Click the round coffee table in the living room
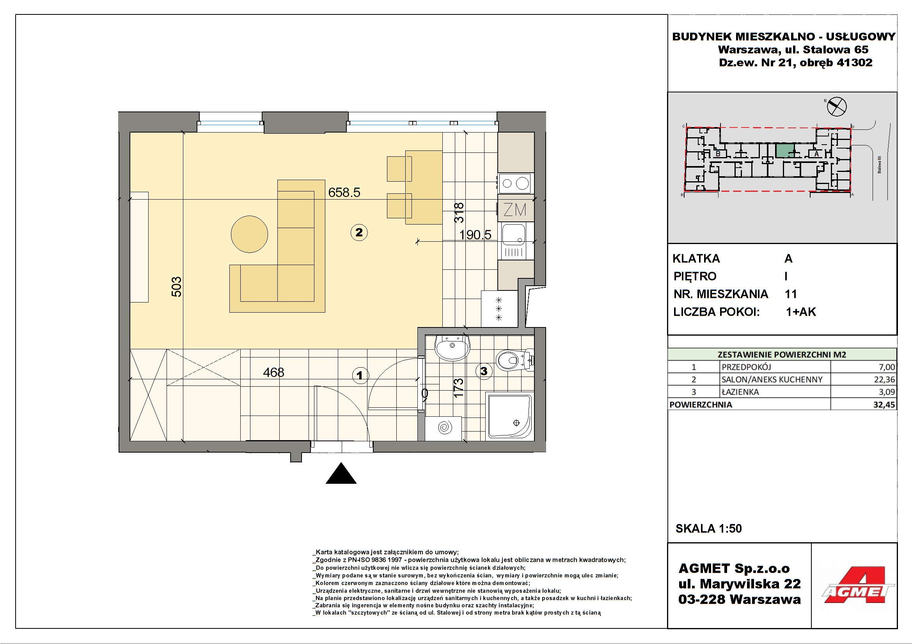point(249,234)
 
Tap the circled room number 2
point(359,232)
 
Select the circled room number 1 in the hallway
point(360,375)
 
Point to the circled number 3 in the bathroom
point(484,371)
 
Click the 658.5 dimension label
point(344,193)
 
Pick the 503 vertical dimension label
point(176,287)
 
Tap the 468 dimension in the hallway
point(274,372)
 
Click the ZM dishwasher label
point(515,209)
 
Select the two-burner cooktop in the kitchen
point(516,184)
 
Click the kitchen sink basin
point(514,234)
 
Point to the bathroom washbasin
point(452,347)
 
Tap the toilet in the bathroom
point(514,360)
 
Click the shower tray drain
point(516,423)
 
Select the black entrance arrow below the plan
point(341,474)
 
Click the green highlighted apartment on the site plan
point(785,151)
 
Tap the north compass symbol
point(837,106)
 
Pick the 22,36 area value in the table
point(884,380)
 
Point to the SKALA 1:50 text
point(709,529)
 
